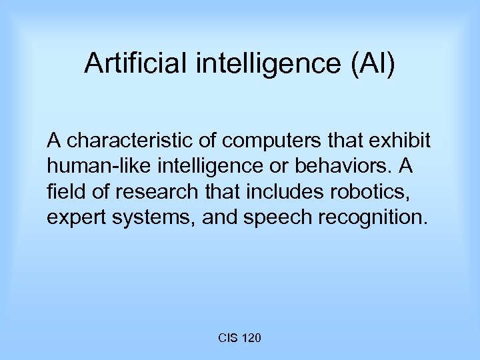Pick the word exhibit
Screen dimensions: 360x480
pos(403,141)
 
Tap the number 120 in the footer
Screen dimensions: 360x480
pos(252,339)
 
